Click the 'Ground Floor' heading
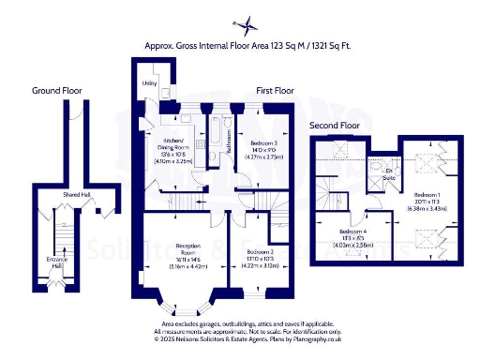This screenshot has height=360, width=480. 57,91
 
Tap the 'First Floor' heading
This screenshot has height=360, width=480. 276,91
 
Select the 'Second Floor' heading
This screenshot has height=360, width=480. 337,125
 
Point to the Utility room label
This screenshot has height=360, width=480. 148,83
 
